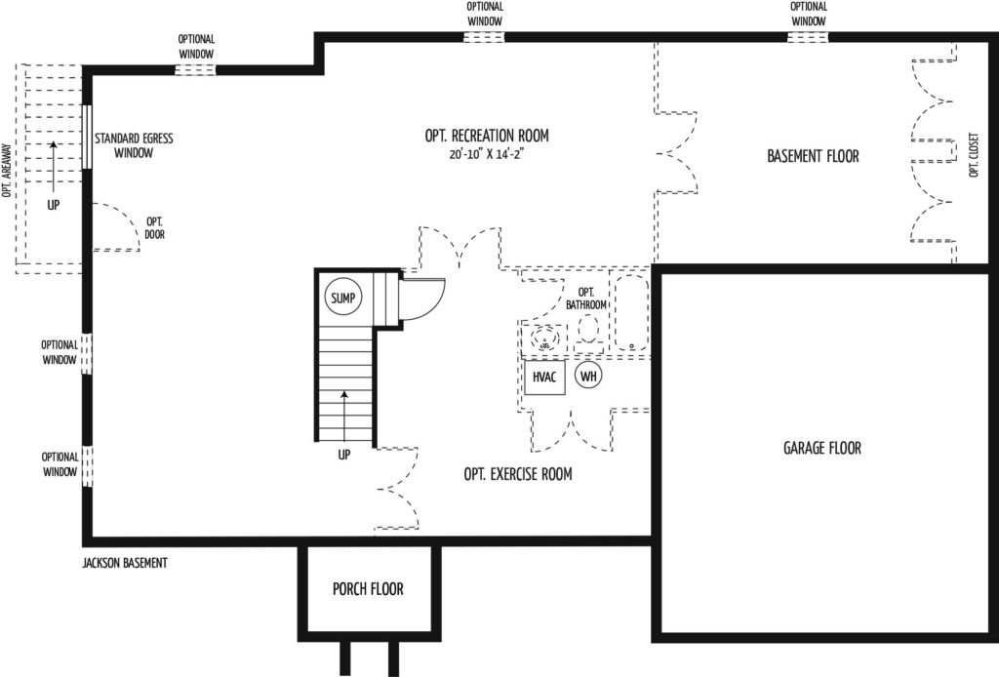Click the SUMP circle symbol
point(342,298)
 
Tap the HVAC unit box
point(544,377)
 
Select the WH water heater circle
point(588,376)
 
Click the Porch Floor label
point(368,589)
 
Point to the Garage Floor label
point(821,448)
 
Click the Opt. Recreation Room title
point(487,135)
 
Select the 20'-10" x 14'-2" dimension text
point(486,155)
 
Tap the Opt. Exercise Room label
point(518,474)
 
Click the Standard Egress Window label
point(134,145)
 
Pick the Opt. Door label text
point(154,228)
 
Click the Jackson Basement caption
point(125,563)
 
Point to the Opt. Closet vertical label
point(973,155)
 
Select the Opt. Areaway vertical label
point(7,170)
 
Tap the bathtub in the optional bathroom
point(631,313)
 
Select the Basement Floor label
point(813,156)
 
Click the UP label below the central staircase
point(344,455)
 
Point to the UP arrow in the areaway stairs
point(54,167)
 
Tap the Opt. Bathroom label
point(586,299)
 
